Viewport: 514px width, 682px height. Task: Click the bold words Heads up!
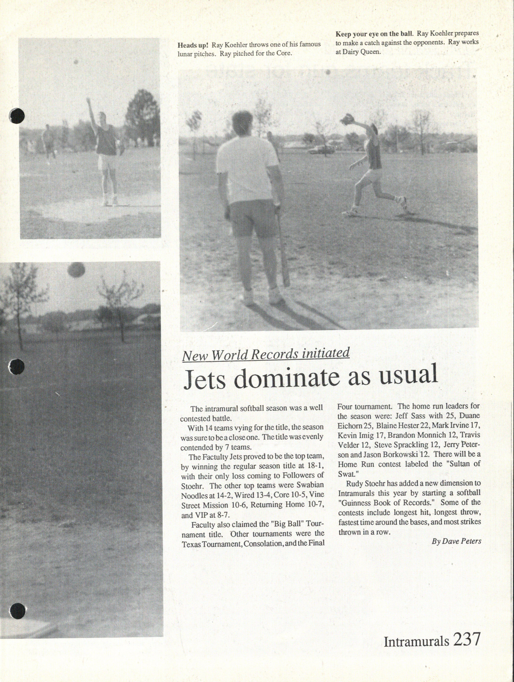[193, 45]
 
